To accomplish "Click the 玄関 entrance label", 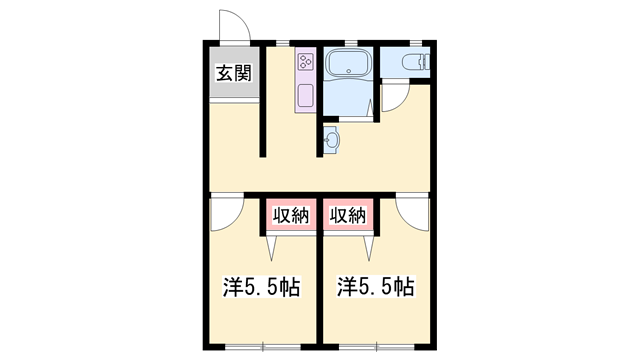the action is click(233, 73).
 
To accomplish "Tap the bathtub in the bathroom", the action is click(348, 63).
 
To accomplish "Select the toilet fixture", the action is click(416, 62).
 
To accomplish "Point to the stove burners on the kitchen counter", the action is click(306, 62).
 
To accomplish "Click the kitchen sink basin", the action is click(306, 96).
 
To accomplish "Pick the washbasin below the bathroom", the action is click(331, 140).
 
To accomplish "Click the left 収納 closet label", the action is click(291, 215).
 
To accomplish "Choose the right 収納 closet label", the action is click(348, 215).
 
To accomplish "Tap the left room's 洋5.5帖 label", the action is click(262, 287).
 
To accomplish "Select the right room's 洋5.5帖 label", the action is click(376, 287).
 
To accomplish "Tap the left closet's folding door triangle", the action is click(271, 248).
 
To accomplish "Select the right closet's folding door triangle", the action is click(369, 248).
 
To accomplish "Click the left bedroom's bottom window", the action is click(263, 347).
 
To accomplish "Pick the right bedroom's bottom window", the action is click(377, 347).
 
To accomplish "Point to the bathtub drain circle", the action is click(349, 71).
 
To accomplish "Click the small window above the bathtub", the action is click(351, 42).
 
